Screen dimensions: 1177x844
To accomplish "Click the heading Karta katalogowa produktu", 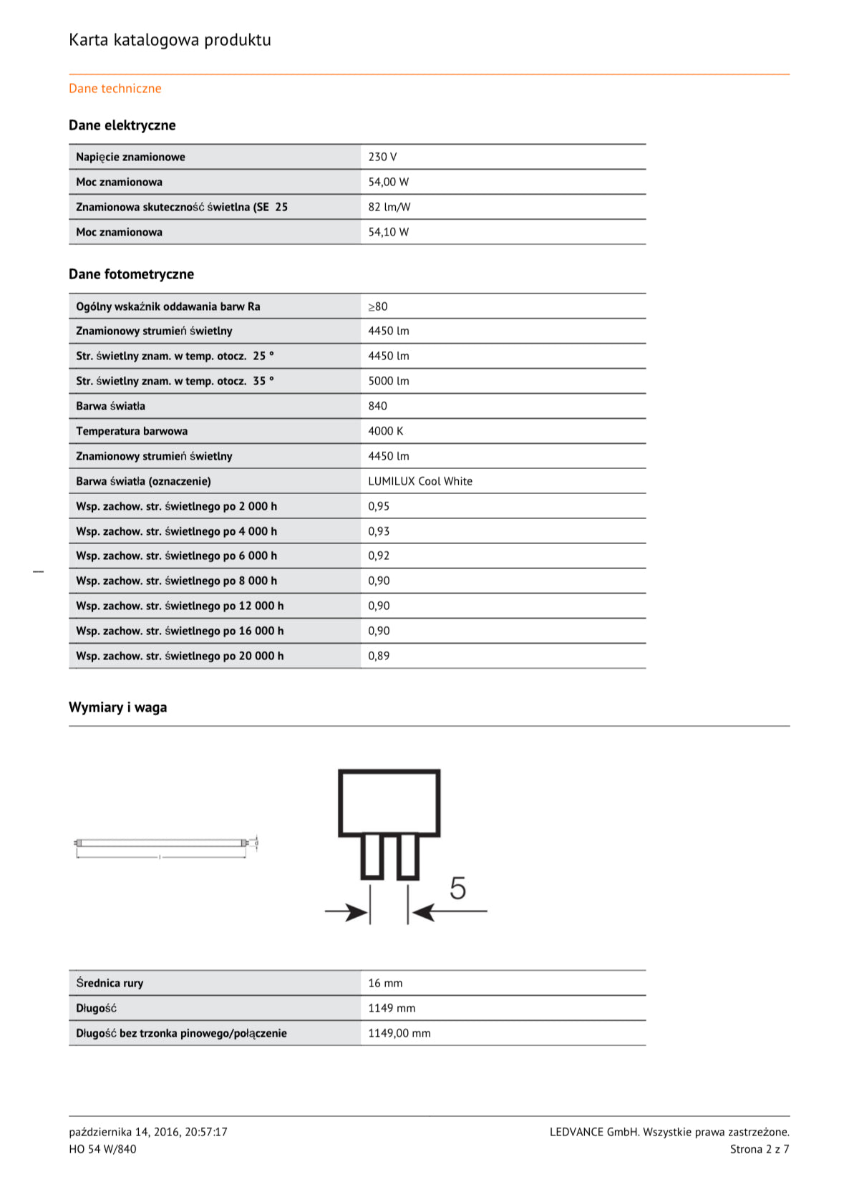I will (x=170, y=40).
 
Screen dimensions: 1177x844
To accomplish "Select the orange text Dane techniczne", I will (x=115, y=89).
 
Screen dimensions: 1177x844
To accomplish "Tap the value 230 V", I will (x=382, y=157).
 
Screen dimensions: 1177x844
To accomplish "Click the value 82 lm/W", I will (x=389, y=207).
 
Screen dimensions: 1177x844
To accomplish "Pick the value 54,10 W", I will (x=389, y=232).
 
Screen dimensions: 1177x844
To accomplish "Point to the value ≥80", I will (x=378, y=306).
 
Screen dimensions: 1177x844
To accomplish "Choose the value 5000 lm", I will (x=389, y=381).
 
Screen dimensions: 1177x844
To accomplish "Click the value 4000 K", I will (x=386, y=431).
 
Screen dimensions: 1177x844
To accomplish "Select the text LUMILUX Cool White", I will (x=420, y=481).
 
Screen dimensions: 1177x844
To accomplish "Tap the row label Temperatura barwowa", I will (x=132, y=431).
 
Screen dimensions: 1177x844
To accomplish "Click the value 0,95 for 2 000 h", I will (x=379, y=506).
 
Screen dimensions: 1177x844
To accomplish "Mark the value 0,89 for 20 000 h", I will (x=379, y=656).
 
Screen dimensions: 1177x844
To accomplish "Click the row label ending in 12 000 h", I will (x=180, y=606).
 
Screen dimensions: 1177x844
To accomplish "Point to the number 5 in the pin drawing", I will (x=457, y=888).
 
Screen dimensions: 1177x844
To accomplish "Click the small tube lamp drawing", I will (x=165, y=844).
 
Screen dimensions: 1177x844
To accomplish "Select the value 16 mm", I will (x=385, y=983).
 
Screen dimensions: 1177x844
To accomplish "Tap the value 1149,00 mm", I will (x=399, y=1033).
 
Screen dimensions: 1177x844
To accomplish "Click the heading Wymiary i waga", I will (x=118, y=707).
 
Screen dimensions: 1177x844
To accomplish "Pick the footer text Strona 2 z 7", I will (x=759, y=1149).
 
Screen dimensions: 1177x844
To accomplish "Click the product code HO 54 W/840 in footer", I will (x=102, y=1149).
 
